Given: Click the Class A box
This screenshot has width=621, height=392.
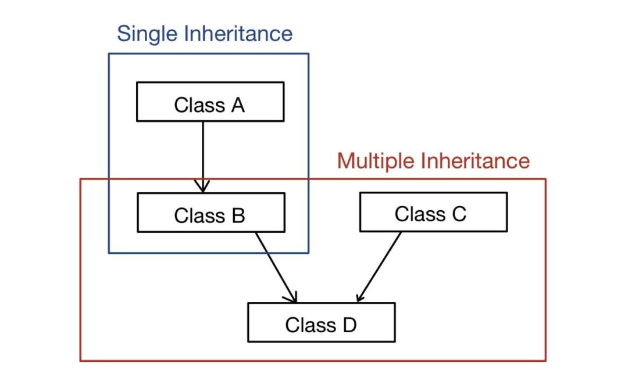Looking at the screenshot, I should click(210, 102).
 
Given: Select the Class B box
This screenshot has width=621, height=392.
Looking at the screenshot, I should click(210, 213).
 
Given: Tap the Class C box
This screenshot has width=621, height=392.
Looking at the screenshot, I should click(433, 212).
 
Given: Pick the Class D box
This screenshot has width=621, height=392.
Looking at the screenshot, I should click(321, 322).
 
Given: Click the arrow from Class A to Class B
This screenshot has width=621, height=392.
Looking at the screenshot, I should click(202, 154).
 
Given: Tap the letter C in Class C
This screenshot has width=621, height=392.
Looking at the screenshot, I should click(458, 214).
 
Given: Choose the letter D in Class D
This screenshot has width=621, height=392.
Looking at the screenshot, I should click(348, 325).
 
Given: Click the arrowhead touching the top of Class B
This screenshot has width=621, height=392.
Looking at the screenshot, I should click(202, 186).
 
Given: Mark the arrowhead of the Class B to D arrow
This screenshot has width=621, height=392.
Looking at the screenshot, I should click(292, 297).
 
